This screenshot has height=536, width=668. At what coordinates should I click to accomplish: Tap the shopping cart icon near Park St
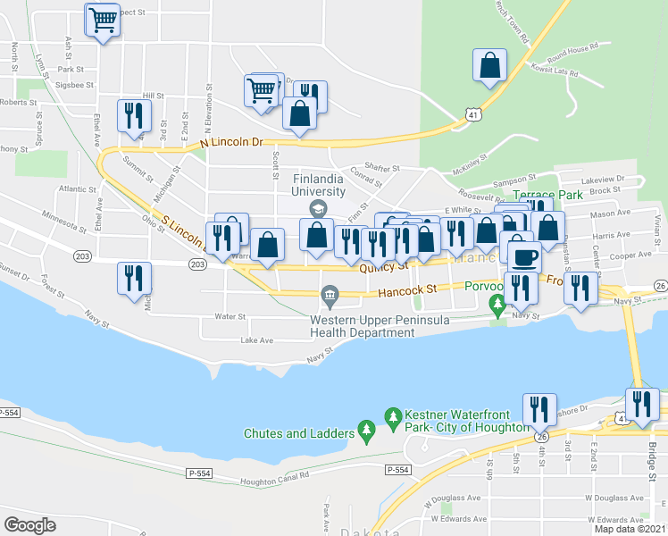[x=104, y=19]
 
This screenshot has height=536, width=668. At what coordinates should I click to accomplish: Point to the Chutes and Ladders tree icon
[x=365, y=433]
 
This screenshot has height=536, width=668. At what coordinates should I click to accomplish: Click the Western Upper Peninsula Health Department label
[x=362, y=326]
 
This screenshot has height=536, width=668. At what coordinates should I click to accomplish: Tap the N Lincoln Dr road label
[x=232, y=142]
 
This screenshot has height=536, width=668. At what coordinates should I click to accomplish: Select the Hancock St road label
[x=406, y=289]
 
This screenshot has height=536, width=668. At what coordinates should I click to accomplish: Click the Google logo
[x=30, y=524]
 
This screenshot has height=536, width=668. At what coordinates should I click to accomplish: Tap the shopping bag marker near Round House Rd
[x=489, y=65]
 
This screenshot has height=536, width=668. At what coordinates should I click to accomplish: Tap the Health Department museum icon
[x=330, y=295]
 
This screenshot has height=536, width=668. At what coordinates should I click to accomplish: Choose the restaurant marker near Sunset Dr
[x=134, y=278]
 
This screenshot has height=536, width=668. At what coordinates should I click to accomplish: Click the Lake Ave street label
[x=256, y=341]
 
